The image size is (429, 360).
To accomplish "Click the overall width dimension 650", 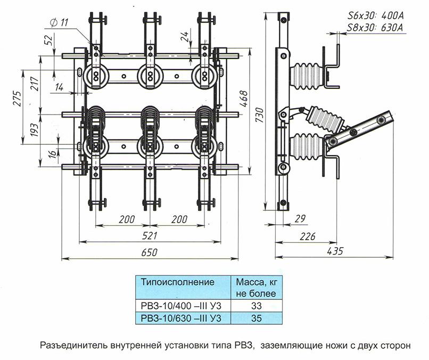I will point(150,253).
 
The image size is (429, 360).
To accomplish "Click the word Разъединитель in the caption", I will point(72,345).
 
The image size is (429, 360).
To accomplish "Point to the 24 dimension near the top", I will point(184,37).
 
